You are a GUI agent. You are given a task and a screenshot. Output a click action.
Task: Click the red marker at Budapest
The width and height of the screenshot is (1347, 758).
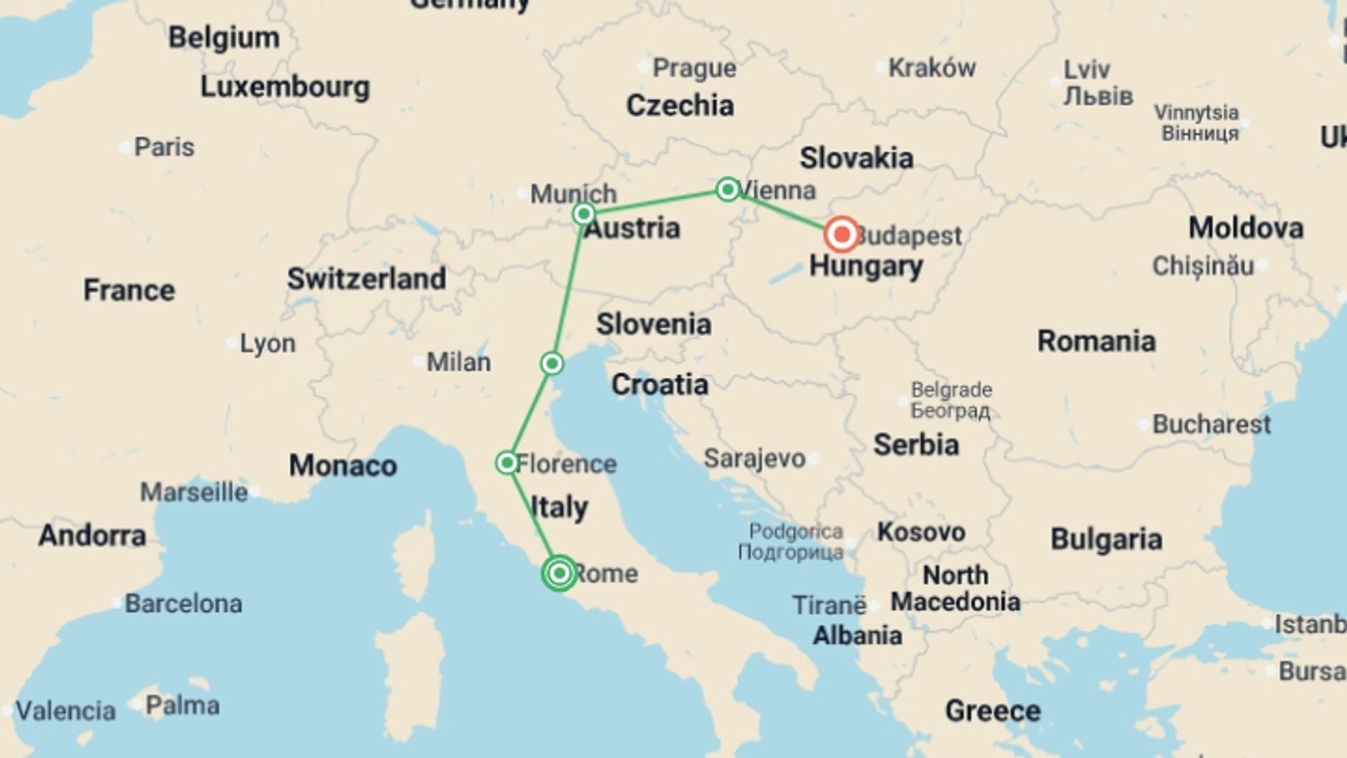coord(842,234)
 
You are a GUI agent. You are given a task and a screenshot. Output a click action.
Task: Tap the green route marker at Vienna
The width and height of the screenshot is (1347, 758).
coord(728,189)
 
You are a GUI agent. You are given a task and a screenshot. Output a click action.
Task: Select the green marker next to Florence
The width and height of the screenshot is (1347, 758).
coord(507,463)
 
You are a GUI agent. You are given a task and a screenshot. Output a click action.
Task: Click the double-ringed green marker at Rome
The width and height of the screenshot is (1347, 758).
coord(559,573)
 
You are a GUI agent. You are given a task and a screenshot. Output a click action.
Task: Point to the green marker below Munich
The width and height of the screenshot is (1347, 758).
coord(584,213)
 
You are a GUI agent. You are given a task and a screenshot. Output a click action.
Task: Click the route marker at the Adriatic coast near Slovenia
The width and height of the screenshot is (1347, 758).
coord(552,364)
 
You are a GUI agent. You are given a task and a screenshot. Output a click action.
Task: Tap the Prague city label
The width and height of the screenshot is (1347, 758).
coord(694,68)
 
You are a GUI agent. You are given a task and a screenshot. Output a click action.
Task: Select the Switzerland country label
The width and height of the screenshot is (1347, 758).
coord(366,279)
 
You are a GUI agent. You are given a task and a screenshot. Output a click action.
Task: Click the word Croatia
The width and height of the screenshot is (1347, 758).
coord(659,385)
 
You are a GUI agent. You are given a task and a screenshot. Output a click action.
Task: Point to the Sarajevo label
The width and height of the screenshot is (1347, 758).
coord(754,458)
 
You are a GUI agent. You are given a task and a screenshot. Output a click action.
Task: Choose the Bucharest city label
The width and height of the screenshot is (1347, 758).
coord(1211,424)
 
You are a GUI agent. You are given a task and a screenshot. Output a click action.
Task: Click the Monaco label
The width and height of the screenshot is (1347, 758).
coord(343,465)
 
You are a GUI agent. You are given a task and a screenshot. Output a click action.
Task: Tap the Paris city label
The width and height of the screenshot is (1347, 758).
coord(164,147)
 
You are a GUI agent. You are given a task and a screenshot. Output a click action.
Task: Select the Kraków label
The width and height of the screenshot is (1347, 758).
coord(932,68)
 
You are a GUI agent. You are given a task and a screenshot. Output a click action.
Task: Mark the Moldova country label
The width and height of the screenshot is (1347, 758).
coord(1245,228)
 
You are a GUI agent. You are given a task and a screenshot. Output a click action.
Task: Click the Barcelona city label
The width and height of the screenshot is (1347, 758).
coord(183,603)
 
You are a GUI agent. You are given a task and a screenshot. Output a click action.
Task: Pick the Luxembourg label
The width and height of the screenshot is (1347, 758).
coord(285,87)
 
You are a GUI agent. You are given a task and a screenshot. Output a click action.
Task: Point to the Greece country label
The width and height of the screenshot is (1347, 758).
coord(993,711)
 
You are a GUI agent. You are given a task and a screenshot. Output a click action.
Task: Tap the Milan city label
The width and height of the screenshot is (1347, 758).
coord(459,362)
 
